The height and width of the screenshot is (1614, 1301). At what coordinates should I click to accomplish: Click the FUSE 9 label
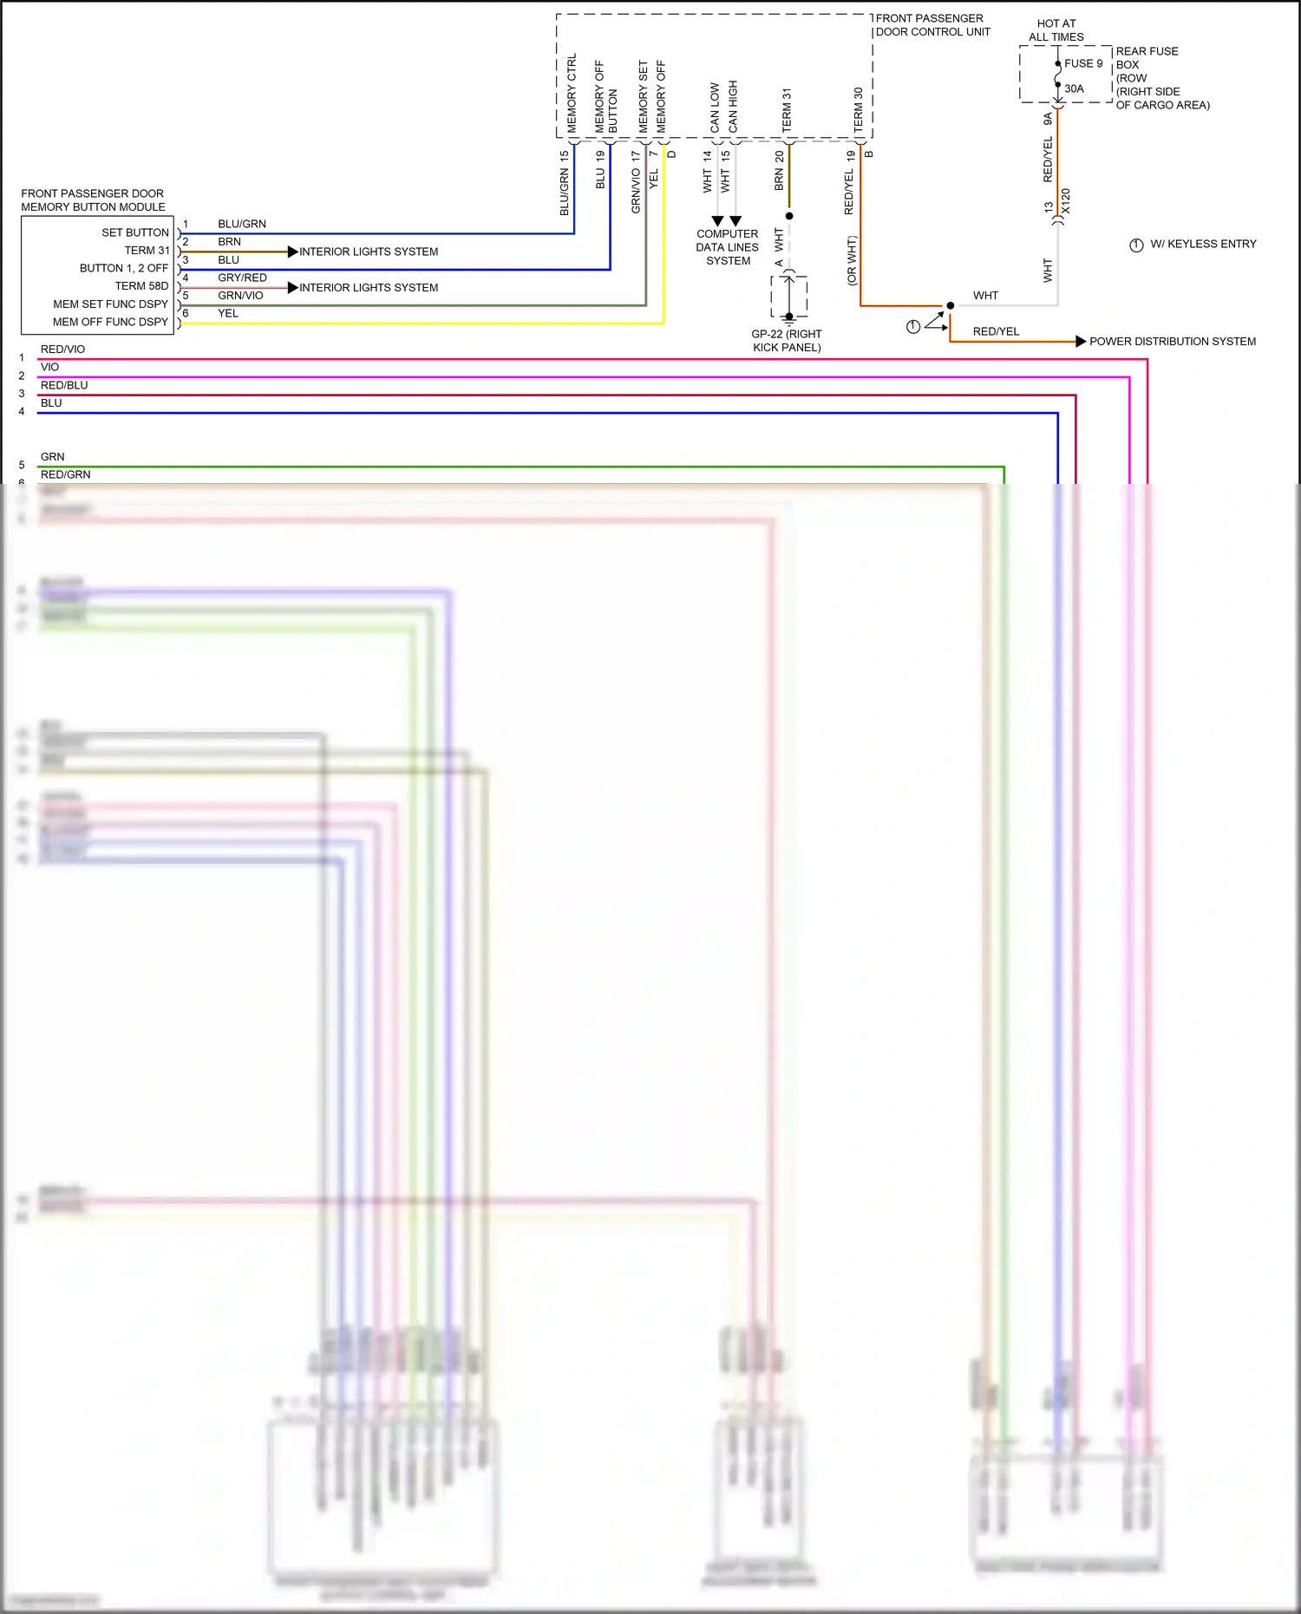[x=1083, y=63]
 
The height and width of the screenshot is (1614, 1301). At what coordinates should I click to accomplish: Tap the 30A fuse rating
[x=1074, y=88]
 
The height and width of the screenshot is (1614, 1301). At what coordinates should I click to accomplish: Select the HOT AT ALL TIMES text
[x=1056, y=30]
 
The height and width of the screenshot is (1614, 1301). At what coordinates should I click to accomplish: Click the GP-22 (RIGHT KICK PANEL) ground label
[x=786, y=340]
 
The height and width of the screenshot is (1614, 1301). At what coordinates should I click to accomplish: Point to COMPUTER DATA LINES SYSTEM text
[x=728, y=247]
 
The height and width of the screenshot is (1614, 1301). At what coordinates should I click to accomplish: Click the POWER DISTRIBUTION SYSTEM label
[x=1172, y=341]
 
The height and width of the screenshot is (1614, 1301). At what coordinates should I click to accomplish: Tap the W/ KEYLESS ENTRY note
[x=1202, y=244]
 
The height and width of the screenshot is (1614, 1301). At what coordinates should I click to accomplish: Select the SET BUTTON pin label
[x=134, y=232]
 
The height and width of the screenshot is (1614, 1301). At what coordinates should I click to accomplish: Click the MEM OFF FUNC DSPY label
[x=110, y=322]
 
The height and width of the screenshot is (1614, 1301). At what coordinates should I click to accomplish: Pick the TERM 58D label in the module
[x=141, y=285]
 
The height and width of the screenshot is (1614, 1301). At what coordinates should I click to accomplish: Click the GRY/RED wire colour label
[x=242, y=278]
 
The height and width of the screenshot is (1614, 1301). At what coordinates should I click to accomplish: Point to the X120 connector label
[x=1066, y=201]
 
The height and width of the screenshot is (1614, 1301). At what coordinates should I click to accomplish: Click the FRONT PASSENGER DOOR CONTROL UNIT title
[x=932, y=25]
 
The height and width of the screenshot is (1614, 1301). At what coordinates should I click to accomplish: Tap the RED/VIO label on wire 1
[x=62, y=349]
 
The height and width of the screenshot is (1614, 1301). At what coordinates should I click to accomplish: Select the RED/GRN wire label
[x=65, y=474]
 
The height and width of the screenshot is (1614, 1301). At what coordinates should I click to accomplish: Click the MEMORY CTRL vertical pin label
[x=572, y=93]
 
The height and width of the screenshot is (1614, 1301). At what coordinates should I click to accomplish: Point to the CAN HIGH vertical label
[x=733, y=106]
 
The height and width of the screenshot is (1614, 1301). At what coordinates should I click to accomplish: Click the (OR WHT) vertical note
[x=852, y=260]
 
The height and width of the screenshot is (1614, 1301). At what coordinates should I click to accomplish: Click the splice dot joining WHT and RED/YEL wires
[x=951, y=305]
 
